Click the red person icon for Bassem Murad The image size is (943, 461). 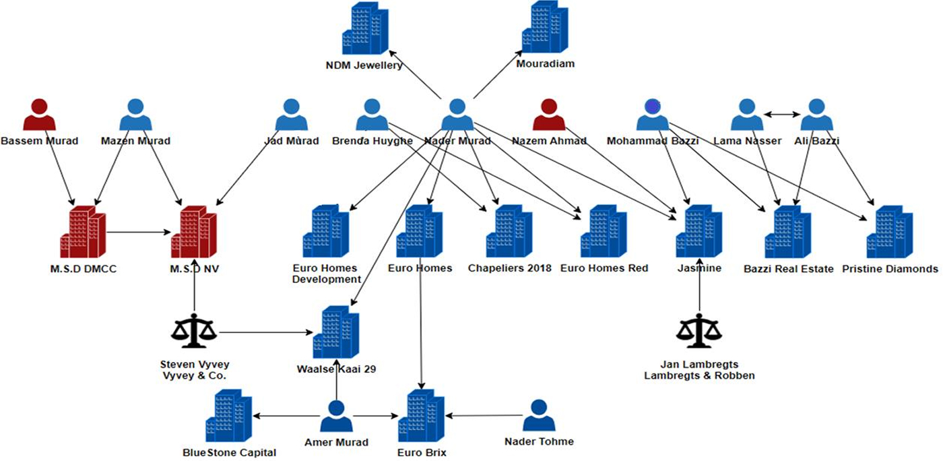[x=39, y=115]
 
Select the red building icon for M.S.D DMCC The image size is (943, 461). [x=83, y=233]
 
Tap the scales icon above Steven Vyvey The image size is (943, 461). [x=194, y=330]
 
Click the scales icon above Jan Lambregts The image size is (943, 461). [x=699, y=330]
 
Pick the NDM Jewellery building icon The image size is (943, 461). [x=365, y=28]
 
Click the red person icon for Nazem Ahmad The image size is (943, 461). [x=549, y=115]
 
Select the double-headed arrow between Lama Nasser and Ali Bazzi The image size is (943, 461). [x=781, y=115]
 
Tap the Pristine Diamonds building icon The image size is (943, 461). [x=889, y=233]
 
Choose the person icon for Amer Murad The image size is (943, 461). [x=336, y=416]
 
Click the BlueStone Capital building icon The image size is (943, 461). [x=229, y=416]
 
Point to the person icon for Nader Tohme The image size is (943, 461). [x=539, y=416]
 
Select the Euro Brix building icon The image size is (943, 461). [x=422, y=416]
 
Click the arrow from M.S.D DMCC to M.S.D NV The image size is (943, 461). [x=138, y=233]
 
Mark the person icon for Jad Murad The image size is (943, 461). [x=291, y=115]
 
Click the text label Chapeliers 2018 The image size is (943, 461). [x=509, y=268]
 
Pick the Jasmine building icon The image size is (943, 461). [x=699, y=233]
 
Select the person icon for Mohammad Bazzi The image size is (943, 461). [x=652, y=115]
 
